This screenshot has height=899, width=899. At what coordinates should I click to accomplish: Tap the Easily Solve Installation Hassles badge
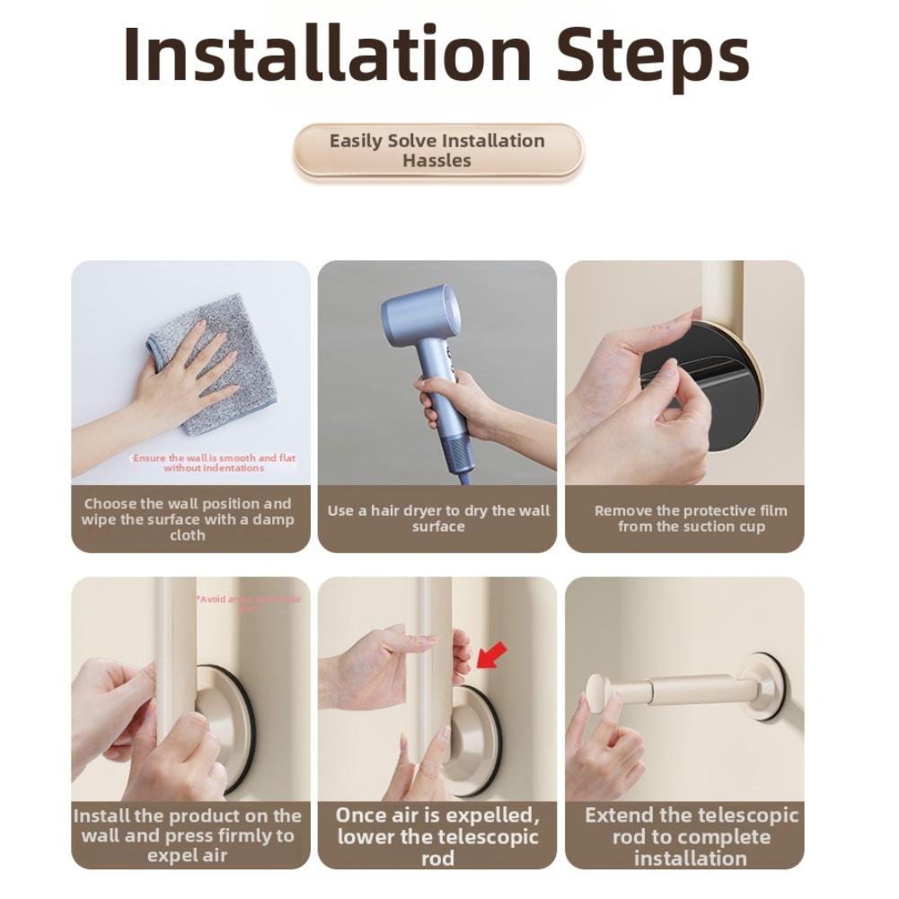point(437,151)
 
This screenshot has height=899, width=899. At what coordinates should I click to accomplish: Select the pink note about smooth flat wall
point(214,463)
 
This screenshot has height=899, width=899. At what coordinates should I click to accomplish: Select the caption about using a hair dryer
point(437,518)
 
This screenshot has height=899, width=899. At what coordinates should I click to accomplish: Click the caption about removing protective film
point(690,518)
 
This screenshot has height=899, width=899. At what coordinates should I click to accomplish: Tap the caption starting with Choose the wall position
point(188,519)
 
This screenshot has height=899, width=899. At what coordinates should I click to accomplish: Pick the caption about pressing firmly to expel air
point(188,835)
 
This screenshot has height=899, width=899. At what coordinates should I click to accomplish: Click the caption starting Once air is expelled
point(437,836)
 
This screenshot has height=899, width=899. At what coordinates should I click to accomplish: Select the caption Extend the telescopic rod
point(690,836)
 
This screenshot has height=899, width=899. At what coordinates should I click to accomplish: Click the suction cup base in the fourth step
point(216,727)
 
